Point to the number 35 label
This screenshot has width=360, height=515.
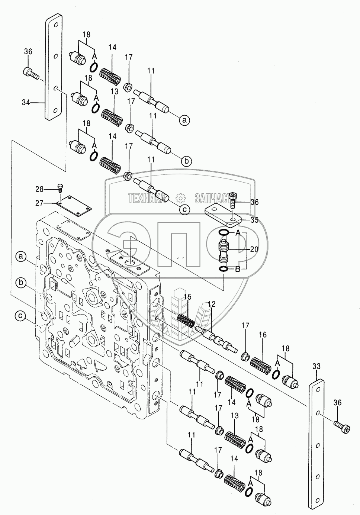coord(254,219)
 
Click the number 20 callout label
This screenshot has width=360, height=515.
coord(254,250)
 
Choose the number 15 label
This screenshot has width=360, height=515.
coord(187,296)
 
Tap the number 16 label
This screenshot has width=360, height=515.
coord(263,335)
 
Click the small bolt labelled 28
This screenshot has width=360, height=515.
coord(60,188)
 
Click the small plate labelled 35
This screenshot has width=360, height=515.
coord(222,215)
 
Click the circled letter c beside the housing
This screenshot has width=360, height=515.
coord(21,316)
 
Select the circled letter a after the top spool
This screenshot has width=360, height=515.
coord(185,120)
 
